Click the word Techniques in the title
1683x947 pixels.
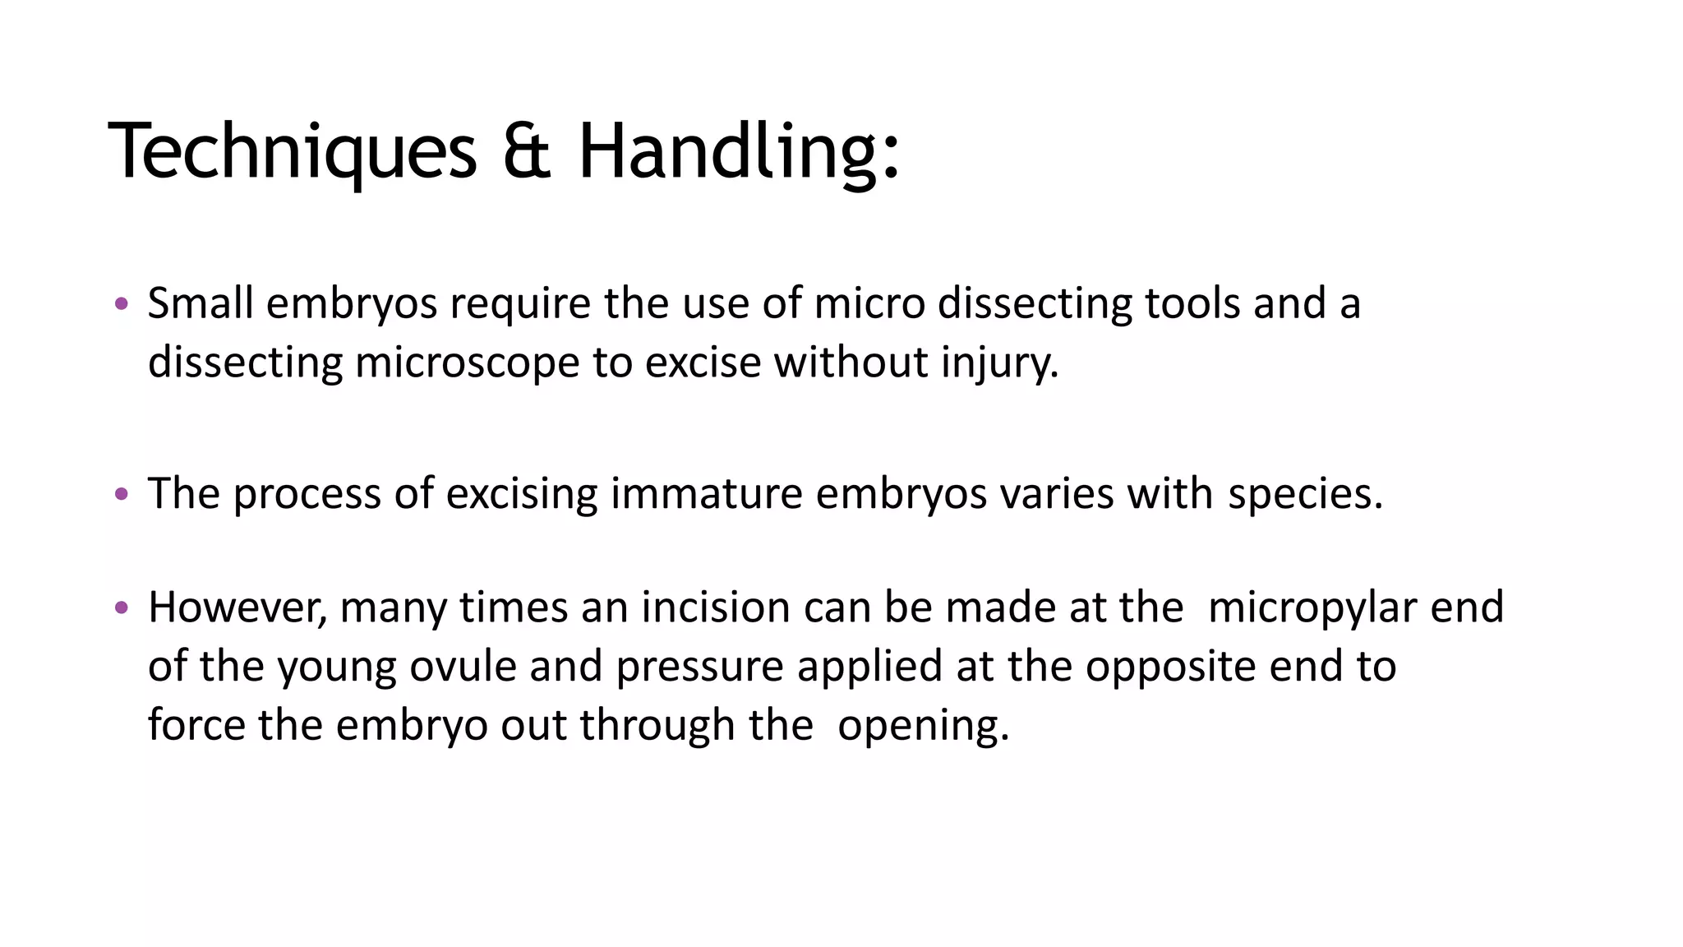(292, 151)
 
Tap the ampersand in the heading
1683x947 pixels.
(526, 151)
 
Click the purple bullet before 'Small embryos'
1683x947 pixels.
(122, 304)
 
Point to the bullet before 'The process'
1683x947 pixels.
(122, 494)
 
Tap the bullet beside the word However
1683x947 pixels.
(122, 608)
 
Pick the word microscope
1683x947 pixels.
(467, 362)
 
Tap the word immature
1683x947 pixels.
(706, 493)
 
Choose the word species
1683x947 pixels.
(1305, 493)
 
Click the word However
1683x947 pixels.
(237, 607)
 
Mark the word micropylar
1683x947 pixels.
(1312, 607)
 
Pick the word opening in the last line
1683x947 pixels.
(922, 725)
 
